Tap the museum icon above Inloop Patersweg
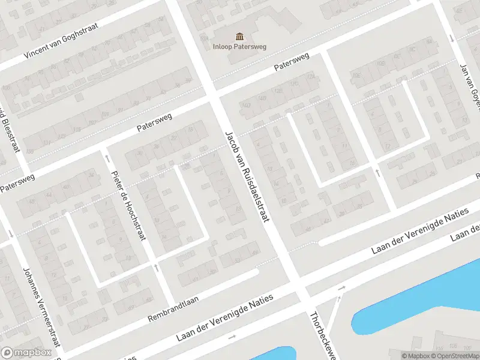point(240,36)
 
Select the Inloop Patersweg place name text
point(240,46)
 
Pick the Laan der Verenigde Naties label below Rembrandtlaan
point(225,318)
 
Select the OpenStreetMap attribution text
point(456,356)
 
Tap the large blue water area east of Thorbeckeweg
point(420,300)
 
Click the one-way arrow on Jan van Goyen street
point(451,38)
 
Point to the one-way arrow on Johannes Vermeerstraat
point(10,234)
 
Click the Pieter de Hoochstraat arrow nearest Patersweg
point(108,158)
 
